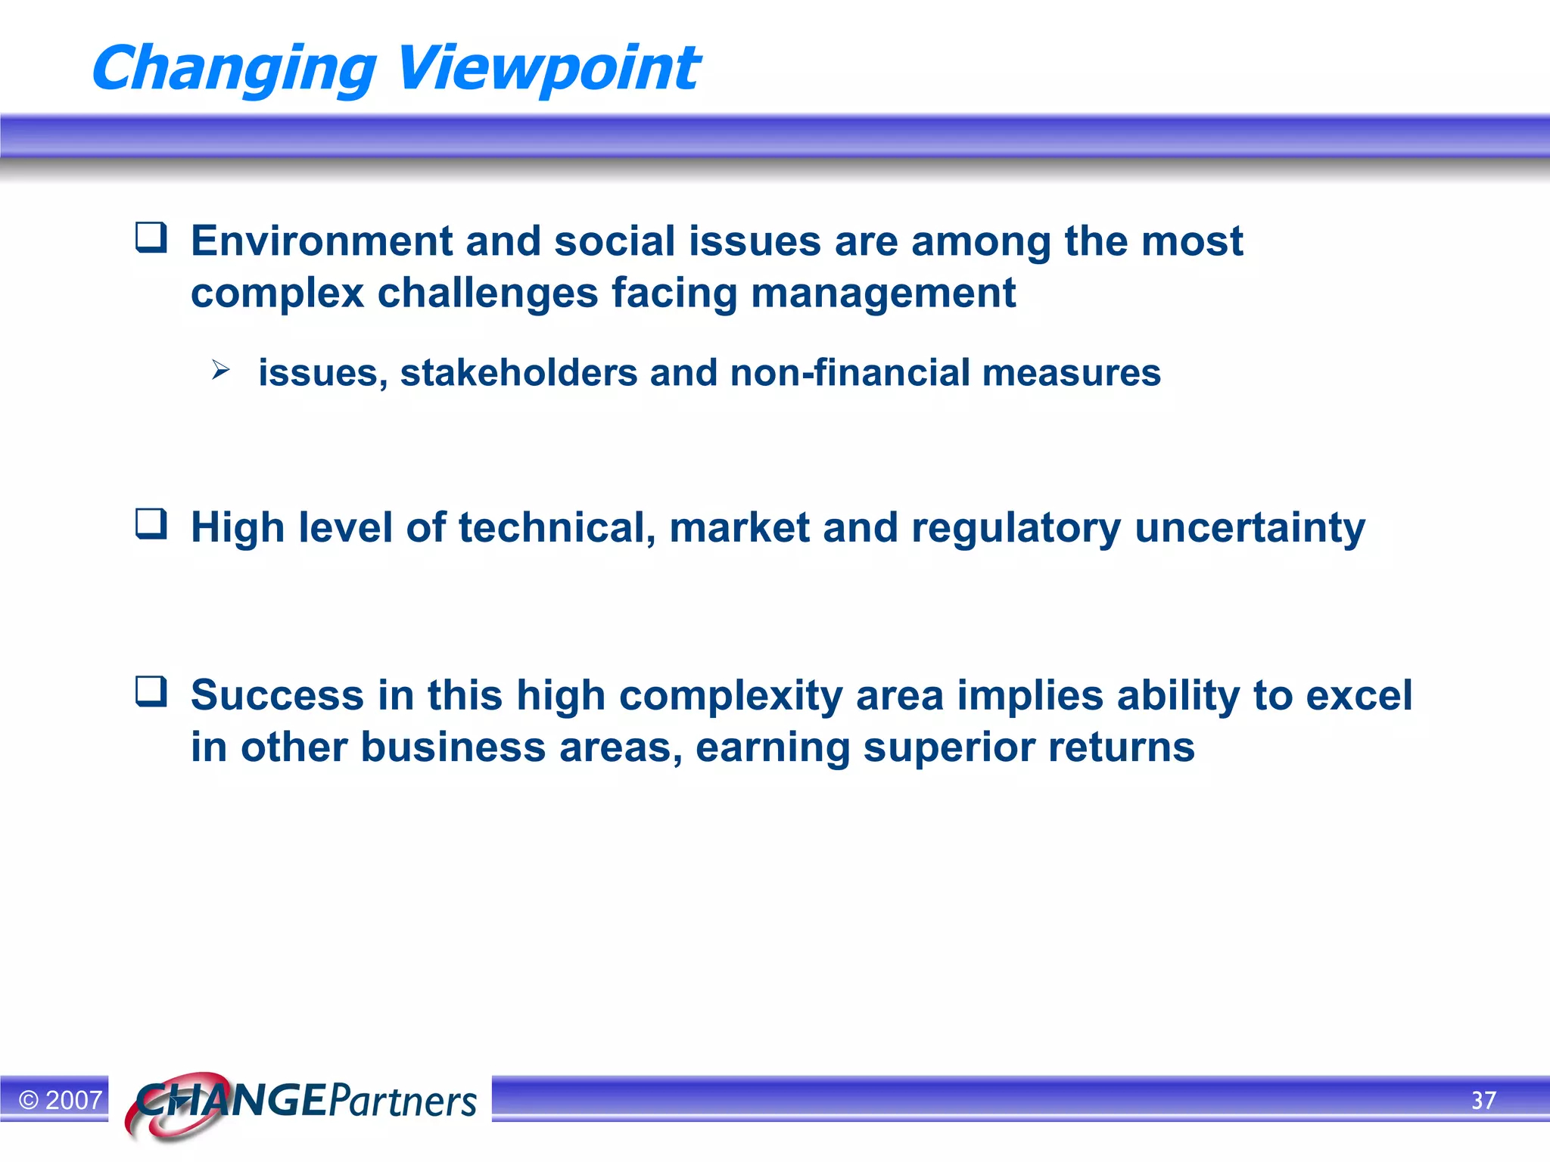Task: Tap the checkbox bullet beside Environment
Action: pyautogui.click(x=151, y=238)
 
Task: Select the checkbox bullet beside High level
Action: pyautogui.click(x=151, y=524)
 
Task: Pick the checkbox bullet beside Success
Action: pyautogui.click(x=151, y=691)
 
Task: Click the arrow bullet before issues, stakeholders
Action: pyautogui.click(x=220, y=370)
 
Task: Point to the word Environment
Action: pyautogui.click(x=322, y=241)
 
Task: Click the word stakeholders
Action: pyautogui.click(x=518, y=372)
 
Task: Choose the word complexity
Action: pyautogui.click(x=730, y=696)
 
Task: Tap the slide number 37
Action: pyautogui.click(x=1483, y=1100)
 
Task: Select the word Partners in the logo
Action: pyautogui.click(x=403, y=1101)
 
